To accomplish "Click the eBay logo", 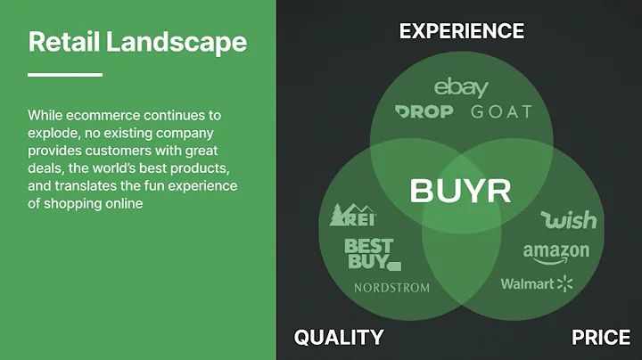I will [461, 87].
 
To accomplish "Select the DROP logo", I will [424, 112].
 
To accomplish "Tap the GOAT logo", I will [500, 112].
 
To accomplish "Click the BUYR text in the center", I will [460, 190].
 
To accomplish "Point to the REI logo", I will [353, 215].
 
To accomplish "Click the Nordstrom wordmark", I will [391, 288].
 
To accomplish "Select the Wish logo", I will [568, 218].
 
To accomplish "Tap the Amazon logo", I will [556, 252].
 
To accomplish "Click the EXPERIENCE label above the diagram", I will [461, 31].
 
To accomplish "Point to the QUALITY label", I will [339, 337].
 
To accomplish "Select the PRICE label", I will [601, 337].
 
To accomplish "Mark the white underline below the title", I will [65, 75].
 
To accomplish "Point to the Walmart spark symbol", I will [564, 284].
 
